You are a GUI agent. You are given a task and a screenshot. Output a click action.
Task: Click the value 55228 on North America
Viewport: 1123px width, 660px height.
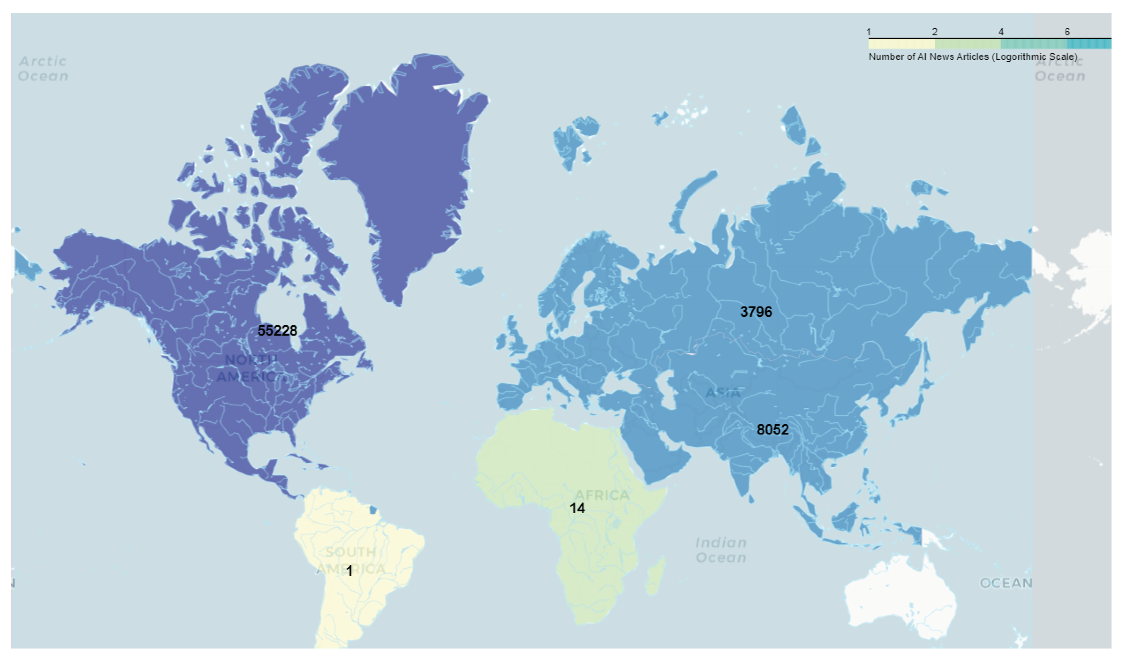point(277,331)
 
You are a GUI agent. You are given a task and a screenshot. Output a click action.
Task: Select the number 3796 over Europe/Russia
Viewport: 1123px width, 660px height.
point(756,312)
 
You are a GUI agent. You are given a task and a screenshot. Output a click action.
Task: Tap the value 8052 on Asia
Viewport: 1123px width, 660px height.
point(773,430)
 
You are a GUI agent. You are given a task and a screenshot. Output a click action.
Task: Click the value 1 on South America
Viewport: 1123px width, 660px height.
point(350,571)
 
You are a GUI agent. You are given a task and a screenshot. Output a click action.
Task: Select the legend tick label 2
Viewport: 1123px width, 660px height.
point(935,32)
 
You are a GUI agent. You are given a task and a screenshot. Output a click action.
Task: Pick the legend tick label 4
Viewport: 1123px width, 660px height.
point(1001,32)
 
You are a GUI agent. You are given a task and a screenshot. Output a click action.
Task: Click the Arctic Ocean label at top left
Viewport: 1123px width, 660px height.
point(43,69)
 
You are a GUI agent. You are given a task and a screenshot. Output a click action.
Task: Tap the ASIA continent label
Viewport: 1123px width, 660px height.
point(723,393)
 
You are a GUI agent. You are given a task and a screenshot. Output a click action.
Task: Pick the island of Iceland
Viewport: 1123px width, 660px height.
point(471,276)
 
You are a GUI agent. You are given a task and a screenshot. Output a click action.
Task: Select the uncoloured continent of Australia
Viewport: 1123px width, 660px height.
point(900,597)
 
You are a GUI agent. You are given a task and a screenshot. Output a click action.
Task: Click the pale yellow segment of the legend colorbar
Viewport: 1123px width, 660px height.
point(901,44)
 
